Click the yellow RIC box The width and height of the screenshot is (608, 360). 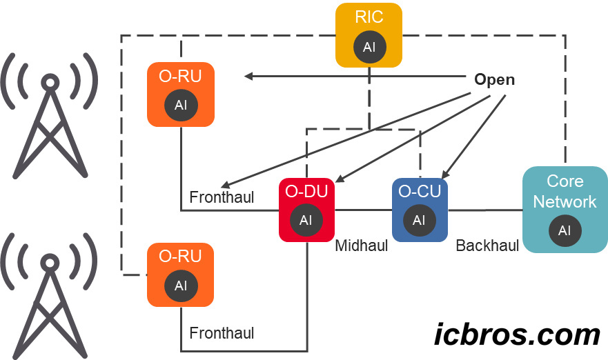coord(369,34)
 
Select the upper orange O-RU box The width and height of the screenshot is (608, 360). coord(181,94)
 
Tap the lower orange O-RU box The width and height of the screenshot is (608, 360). coord(181,274)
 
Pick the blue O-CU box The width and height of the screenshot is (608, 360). coord(420,210)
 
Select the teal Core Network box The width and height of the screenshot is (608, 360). coord(565,209)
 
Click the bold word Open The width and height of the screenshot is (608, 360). coord(494,79)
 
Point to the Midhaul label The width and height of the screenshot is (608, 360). coord(361,246)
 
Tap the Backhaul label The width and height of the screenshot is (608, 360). coord(487,246)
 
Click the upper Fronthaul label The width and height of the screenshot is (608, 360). coord(222,198)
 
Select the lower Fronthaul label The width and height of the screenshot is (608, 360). coord(222,333)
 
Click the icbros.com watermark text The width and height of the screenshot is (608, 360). coord(517,334)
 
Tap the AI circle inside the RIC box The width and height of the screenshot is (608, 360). coord(369,47)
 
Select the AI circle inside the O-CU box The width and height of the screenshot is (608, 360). coord(420,221)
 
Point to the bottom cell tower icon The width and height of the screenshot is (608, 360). coord(49,297)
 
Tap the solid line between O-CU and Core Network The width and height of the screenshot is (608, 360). coord(484,210)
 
